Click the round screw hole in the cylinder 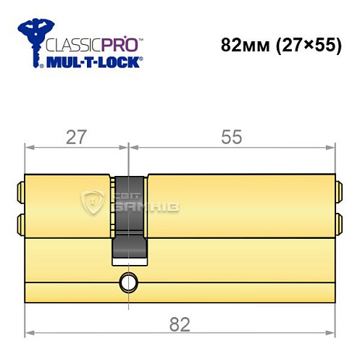pyautogui.click(x=128, y=281)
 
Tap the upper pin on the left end pyautogui.click(x=20, y=194)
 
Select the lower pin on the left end pyautogui.click(x=20, y=222)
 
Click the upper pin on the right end pyautogui.click(x=338, y=194)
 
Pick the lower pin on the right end pyautogui.click(x=338, y=222)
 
